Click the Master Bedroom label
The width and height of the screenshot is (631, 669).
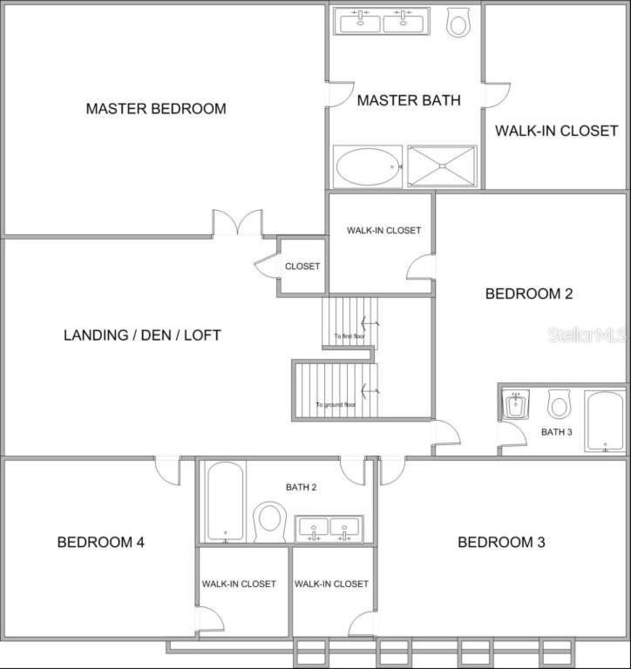(x=156, y=108)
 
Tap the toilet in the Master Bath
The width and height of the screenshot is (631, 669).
(x=458, y=22)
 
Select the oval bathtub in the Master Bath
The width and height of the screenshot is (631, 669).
(x=369, y=167)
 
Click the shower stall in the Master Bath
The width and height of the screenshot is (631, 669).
(x=442, y=166)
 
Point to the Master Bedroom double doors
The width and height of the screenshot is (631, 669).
(x=238, y=223)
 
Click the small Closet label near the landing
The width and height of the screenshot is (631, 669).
(x=302, y=267)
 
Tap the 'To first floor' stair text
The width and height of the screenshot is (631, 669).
(x=349, y=336)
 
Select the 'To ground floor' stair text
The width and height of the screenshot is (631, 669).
(x=336, y=404)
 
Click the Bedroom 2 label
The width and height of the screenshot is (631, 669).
(x=529, y=294)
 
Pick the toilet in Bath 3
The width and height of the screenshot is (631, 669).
(x=559, y=403)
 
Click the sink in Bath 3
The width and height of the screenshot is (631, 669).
(x=516, y=402)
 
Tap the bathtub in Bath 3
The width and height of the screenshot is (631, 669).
(x=605, y=421)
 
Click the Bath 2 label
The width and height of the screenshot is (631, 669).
(x=301, y=487)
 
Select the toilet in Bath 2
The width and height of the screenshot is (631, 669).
(x=269, y=522)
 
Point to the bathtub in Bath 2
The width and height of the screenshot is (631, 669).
(x=226, y=502)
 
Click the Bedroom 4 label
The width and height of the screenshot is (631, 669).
(x=101, y=542)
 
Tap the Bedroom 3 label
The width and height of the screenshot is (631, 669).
(x=501, y=542)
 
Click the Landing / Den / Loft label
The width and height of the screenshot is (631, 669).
(x=142, y=334)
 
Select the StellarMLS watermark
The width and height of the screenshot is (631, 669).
(x=588, y=334)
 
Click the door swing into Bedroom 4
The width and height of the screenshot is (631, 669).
(x=167, y=470)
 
